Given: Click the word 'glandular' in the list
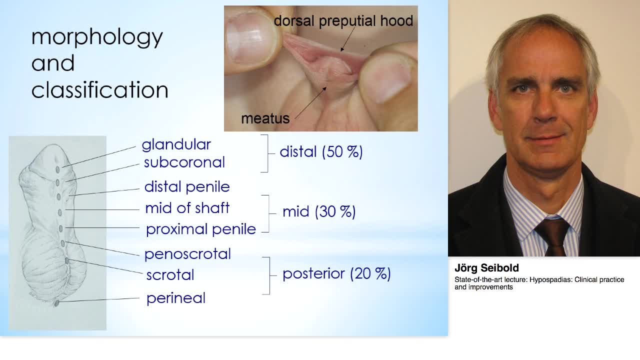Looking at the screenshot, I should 176,145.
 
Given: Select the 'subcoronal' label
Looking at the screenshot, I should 184,162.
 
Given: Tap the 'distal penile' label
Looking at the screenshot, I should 186,187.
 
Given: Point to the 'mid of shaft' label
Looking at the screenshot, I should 187,208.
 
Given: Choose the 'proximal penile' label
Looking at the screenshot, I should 200,229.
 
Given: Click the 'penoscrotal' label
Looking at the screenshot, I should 187,254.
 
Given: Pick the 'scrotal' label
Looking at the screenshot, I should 170,275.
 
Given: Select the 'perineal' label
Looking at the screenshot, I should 175,298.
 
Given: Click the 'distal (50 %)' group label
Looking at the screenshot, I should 321,152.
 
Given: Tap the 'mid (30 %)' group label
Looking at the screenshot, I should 319,211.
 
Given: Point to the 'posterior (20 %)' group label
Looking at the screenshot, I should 336,273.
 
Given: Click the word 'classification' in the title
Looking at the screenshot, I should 99,90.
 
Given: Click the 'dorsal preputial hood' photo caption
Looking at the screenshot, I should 343,21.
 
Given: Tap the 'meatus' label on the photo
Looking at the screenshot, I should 265,118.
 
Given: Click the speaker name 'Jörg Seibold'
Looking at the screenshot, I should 486,268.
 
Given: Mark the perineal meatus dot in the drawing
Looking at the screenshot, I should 56,303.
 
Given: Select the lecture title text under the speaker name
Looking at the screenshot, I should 539,283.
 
